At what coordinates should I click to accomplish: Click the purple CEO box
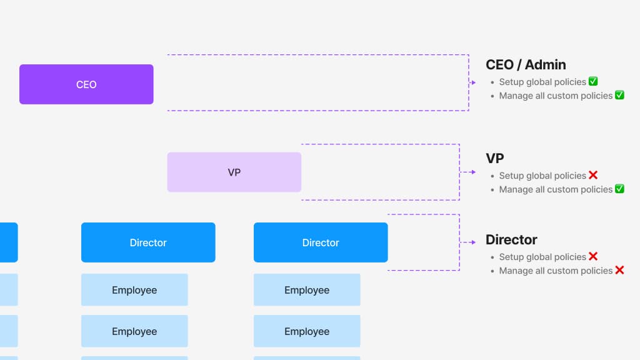pyautogui.click(x=86, y=84)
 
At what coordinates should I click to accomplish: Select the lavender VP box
pyautogui.click(x=234, y=172)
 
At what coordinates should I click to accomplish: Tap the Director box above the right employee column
pyautogui.click(x=321, y=242)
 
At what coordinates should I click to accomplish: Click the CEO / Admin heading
pyautogui.click(x=526, y=64)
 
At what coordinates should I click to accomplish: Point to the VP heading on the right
pyautogui.click(x=494, y=158)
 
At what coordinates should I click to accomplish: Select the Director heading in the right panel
pyautogui.click(x=511, y=239)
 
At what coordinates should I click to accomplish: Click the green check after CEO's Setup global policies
pyautogui.click(x=593, y=81)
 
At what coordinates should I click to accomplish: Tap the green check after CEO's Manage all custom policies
pyautogui.click(x=619, y=95)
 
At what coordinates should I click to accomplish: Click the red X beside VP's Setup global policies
pyautogui.click(x=593, y=175)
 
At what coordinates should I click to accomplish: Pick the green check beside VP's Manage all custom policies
pyautogui.click(x=619, y=189)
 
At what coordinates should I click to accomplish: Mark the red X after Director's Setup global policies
pyautogui.click(x=593, y=256)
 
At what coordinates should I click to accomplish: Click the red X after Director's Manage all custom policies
pyautogui.click(x=619, y=270)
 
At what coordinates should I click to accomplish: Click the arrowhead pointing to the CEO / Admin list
pyautogui.click(x=473, y=83)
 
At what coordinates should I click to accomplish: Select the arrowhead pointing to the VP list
pyautogui.click(x=473, y=172)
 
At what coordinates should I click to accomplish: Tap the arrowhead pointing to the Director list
pyautogui.click(x=473, y=242)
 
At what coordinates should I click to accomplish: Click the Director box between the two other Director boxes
pyautogui.click(x=148, y=242)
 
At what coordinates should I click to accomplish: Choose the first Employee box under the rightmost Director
pyautogui.click(x=307, y=290)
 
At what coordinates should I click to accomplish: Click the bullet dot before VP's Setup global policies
pyautogui.click(x=492, y=176)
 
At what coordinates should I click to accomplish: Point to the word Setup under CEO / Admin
pyautogui.click(x=511, y=82)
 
